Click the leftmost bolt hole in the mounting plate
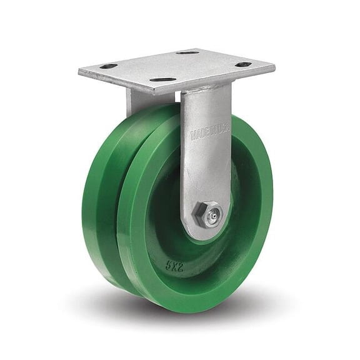pos(109,66)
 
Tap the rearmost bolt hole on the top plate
pos(187,52)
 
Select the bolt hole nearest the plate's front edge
pos(162,80)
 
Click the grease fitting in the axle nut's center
pos(211,214)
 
